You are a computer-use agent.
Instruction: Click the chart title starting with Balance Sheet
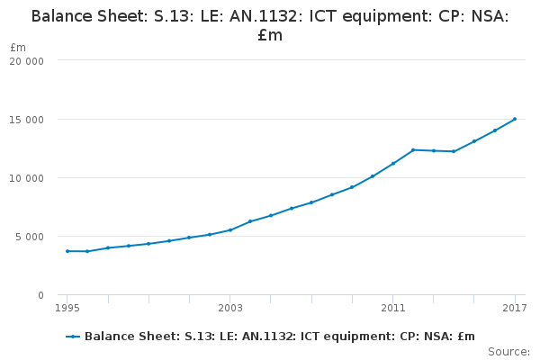pos(270,25)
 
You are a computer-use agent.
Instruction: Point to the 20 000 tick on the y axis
pos(27,61)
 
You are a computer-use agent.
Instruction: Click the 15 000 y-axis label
pos(27,120)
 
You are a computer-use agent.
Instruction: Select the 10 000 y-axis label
pos(27,178)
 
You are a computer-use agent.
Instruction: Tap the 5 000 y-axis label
pos(30,237)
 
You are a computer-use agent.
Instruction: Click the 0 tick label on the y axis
pos(40,295)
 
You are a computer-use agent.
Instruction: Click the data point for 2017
pos(515,119)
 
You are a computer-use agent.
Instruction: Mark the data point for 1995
pos(67,251)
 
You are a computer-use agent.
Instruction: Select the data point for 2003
pos(230,229)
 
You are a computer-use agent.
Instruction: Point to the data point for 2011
pos(393,163)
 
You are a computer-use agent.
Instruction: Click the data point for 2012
pos(413,149)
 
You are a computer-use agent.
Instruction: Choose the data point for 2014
pos(454,151)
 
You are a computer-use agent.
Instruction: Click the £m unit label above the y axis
pos(18,47)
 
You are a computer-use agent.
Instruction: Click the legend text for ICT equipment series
pos(279,337)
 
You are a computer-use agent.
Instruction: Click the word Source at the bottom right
pos(508,352)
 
